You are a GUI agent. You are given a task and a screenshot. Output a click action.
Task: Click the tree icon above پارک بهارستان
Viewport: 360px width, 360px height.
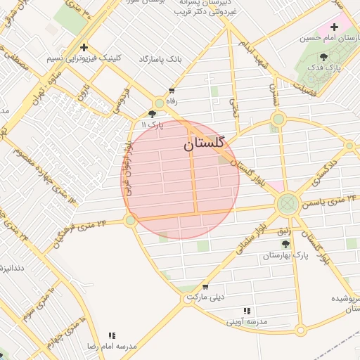pos(285,244)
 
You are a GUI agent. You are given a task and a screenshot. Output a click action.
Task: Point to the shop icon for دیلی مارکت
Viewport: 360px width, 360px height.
pos(205,287)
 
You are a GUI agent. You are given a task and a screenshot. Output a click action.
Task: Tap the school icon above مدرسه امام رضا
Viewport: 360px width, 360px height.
pos(111,336)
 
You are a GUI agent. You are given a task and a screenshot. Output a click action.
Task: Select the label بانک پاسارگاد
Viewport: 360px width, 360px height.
pos(160,59)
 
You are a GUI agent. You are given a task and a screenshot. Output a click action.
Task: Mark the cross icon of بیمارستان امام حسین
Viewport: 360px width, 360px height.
pos(335,27)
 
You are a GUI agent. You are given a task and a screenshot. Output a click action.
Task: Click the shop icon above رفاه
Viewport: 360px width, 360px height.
pos(172,91)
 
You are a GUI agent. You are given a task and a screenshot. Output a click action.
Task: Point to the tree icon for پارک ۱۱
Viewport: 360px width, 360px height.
pos(153,113)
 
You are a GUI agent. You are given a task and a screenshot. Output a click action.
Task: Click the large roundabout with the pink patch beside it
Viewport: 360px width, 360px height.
pos(287,205)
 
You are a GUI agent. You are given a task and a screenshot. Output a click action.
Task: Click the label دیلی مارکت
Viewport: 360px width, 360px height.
pos(205,297)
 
